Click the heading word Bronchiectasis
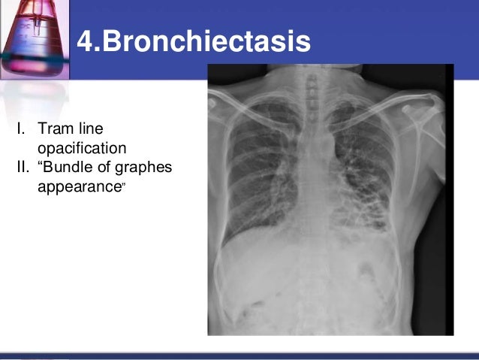pos(206,41)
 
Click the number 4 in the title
pos(86,41)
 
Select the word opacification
pos(82,147)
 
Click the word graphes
pos(143,166)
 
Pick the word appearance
pos(78,185)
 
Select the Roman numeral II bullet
pos(22,166)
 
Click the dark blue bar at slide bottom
pos(239,355)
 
